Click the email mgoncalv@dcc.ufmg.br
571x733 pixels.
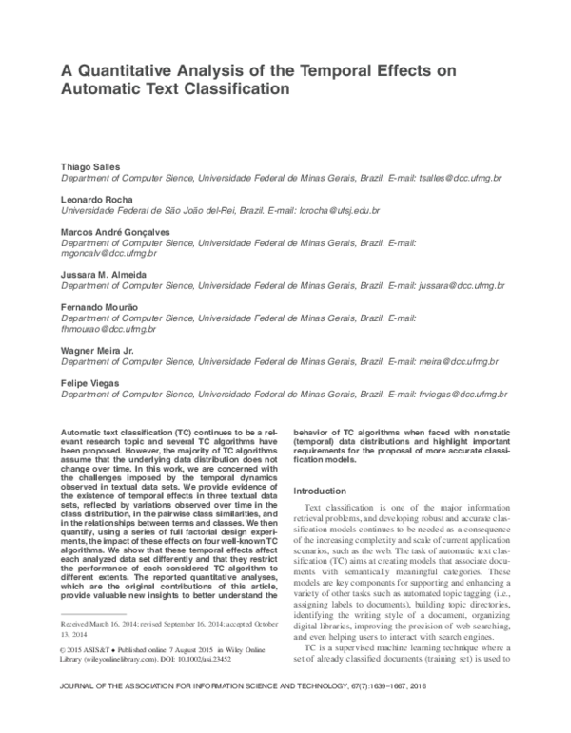click(108, 254)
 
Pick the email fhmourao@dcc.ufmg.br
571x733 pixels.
click(108, 329)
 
